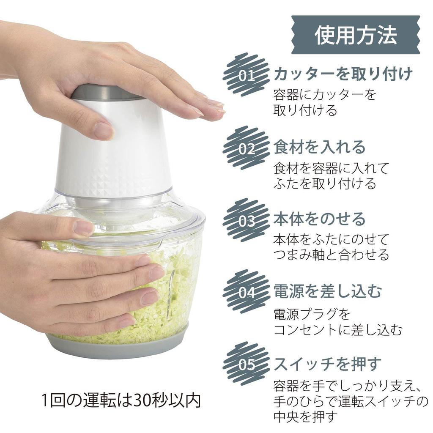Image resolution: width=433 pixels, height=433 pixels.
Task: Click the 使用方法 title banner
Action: pos(355,35)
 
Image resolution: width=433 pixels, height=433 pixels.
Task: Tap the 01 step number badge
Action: pos(246,75)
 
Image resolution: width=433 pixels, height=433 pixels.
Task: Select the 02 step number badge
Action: pos(246,148)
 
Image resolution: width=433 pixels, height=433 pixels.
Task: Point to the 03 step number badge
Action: pos(246,220)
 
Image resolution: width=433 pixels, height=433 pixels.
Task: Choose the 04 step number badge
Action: pos(246,292)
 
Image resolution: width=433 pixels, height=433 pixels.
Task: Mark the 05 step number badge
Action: pos(246,364)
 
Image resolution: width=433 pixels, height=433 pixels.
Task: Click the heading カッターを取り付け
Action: pos(343,74)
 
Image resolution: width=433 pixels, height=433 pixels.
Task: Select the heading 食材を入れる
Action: pos(319,147)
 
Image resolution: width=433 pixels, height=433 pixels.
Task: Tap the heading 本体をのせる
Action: pos(319,219)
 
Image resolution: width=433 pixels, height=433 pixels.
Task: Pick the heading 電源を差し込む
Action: pos(328,291)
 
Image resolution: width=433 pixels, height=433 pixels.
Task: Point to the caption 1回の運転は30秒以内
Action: pos(121,400)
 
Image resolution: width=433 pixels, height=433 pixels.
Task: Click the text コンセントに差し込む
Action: pos(338,329)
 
